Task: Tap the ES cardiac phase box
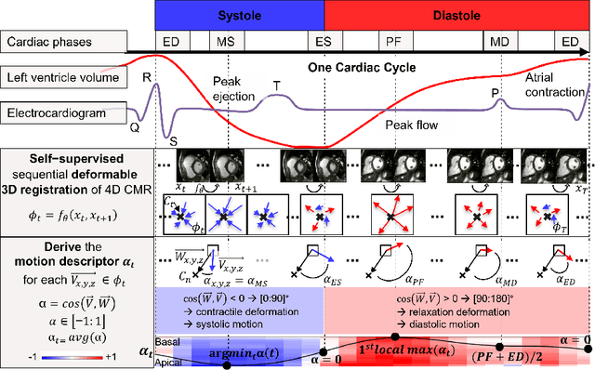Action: pyautogui.click(x=324, y=43)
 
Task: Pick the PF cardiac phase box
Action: pyautogui.click(x=394, y=43)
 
